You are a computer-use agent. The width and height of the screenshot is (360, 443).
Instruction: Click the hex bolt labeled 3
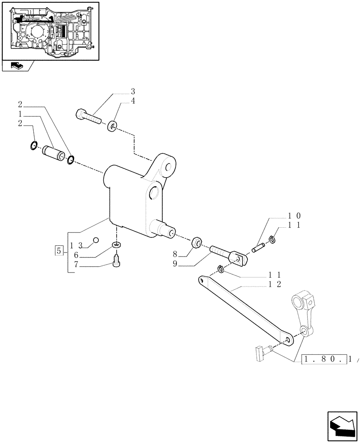point(88,116)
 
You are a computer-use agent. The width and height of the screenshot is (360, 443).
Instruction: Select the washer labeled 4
point(113,126)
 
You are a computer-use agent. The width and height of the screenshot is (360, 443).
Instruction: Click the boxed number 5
point(59,250)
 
